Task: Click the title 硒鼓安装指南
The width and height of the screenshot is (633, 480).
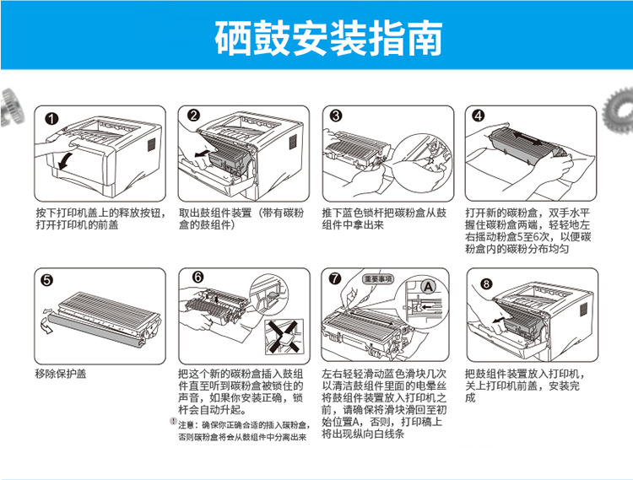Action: pyautogui.click(x=328, y=37)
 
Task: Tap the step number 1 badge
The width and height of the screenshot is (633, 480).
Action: pyautogui.click(x=51, y=119)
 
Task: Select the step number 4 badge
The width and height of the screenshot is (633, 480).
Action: pyautogui.click(x=479, y=116)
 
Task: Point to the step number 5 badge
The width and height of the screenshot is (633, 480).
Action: pyautogui.click(x=47, y=279)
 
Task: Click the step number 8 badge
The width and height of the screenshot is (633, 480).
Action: pyautogui.click(x=486, y=284)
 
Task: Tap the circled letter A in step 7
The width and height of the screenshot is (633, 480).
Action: pyautogui.click(x=428, y=287)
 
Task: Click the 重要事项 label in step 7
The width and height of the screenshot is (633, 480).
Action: pyautogui.click(x=378, y=278)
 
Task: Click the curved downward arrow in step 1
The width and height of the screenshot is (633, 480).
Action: pyautogui.click(x=65, y=160)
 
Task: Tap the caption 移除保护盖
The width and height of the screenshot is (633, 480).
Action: pyautogui.click(x=61, y=374)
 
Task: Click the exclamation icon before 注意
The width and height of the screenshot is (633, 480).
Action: pyautogui.click(x=173, y=422)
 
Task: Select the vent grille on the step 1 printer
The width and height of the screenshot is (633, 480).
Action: pyautogui.click(x=151, y=144)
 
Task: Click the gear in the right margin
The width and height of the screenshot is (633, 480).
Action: pyautogui.click(x=618, y=110)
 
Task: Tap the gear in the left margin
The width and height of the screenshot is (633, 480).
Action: pyautogui.click(x=12, y=108)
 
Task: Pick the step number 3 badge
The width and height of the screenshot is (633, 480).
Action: pyautogui.click(x=336, y=116)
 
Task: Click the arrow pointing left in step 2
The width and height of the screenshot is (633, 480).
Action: pyautogui.click(x=203, y=154)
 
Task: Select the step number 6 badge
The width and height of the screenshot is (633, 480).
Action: pyautogui.click(x=197, y=277)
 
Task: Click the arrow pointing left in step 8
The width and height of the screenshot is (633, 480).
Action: pyautogui.click(x=499, y=321)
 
